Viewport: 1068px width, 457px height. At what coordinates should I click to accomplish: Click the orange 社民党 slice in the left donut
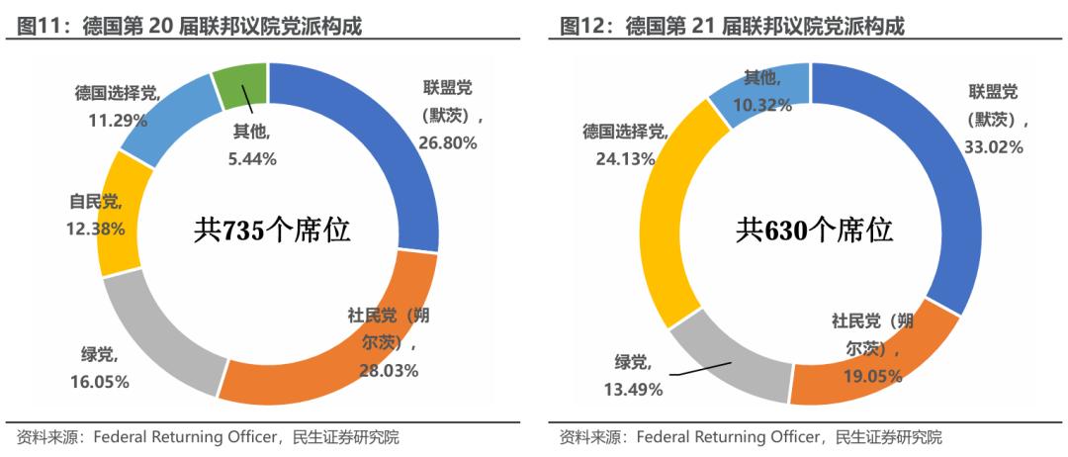click(326, 366)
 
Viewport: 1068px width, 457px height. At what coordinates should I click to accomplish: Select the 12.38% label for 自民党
click(97, 228)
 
